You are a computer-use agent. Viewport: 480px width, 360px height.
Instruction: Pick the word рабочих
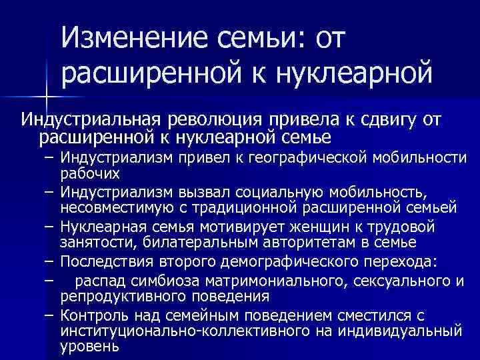(90, 173)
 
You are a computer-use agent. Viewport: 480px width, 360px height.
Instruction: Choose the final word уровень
(89, 347)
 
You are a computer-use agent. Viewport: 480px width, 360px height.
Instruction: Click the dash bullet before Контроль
(50, 313)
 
